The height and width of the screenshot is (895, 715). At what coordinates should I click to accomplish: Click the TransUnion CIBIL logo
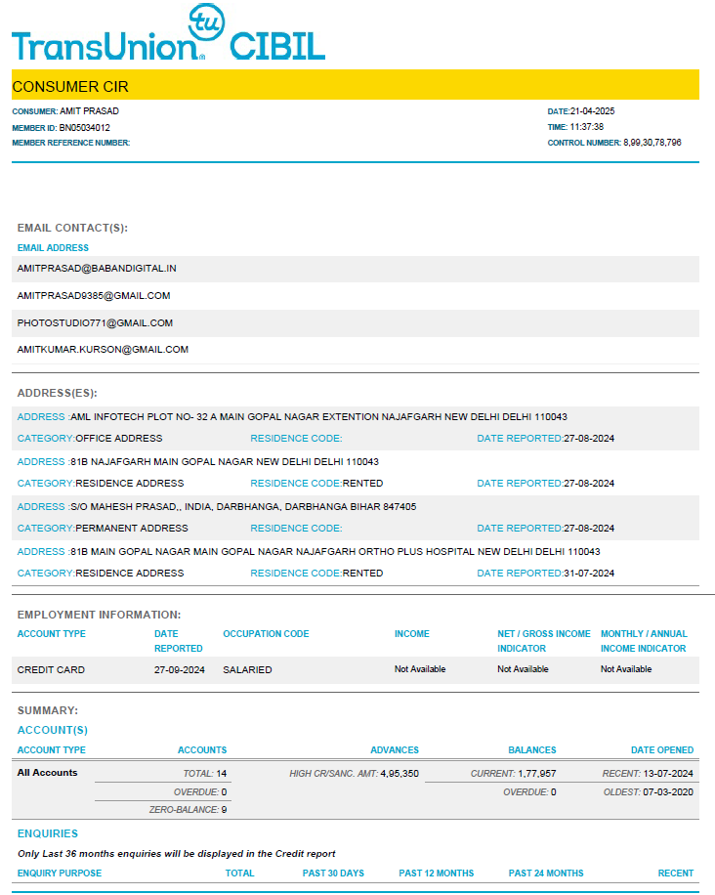(x=168, y=36)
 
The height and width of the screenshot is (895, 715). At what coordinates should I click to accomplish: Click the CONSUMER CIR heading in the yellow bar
(x=70, y=86)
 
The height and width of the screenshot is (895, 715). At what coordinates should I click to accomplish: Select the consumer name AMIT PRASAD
(x=90, y=111)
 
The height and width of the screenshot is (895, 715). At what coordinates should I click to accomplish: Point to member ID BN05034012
(x=85, y=127)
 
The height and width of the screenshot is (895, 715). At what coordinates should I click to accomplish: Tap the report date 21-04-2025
(x=593, y=111)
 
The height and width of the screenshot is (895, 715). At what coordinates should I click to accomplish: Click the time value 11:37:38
(x=586, y=127)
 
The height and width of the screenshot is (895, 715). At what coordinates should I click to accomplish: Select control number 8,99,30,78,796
(x=652, y=143)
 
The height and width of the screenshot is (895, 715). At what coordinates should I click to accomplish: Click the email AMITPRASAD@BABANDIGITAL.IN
(x=97, y=268)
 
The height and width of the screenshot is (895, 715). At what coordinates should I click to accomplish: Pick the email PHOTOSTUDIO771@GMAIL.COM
(x=95, y=322)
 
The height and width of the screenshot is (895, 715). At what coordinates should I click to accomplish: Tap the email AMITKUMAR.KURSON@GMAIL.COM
(x=103, y=349)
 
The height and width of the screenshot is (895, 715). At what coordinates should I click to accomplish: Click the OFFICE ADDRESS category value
(x=119, y=439)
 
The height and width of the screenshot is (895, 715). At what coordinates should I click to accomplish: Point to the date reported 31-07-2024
(x=589, y=574)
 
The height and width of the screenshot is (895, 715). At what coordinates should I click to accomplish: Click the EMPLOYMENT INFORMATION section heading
(x=99, y=615)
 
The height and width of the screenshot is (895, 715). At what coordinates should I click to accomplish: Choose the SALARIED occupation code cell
(x=247, y=669)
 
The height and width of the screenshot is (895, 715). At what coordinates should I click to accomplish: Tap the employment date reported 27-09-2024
(x=180, y=669)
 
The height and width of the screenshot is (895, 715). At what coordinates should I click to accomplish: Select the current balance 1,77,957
(x=536, y=774)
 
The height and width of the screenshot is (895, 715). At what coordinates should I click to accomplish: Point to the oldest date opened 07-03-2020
(x=669, y=792)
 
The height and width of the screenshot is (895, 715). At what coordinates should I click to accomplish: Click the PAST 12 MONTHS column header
(x=436, y=874)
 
